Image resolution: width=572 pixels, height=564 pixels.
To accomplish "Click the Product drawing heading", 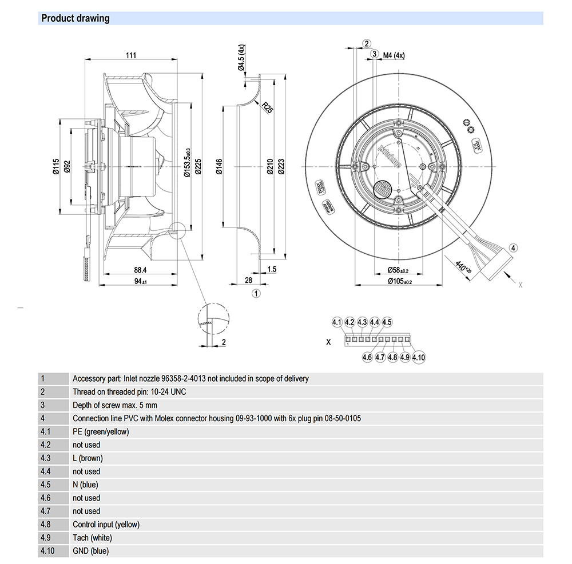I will pos(75,18).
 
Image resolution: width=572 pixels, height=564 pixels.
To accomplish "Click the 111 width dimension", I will pos(131,55).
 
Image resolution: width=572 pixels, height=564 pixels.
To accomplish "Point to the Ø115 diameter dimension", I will pos(55,166).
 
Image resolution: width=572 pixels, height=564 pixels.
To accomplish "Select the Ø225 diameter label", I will pos(198,166).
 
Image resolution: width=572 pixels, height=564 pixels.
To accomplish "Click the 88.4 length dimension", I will pos(139,269).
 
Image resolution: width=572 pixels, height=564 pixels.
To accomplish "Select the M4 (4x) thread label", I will pos(394,55).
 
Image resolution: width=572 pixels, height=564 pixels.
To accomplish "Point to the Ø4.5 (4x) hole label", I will pos(242,57).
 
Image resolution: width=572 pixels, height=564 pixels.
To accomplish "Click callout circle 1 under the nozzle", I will pos(256,294).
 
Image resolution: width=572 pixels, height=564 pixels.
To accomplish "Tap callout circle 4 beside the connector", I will pos(513,248).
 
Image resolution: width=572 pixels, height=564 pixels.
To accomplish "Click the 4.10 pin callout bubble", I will pos(419,358).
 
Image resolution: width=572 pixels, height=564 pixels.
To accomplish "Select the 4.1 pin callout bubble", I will pos(336,322).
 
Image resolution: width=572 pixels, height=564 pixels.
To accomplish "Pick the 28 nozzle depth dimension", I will pos(248,279).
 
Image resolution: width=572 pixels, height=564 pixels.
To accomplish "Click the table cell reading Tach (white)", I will pos(92,538).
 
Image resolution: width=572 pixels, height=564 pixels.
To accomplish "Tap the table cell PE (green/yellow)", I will pos(101,431).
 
